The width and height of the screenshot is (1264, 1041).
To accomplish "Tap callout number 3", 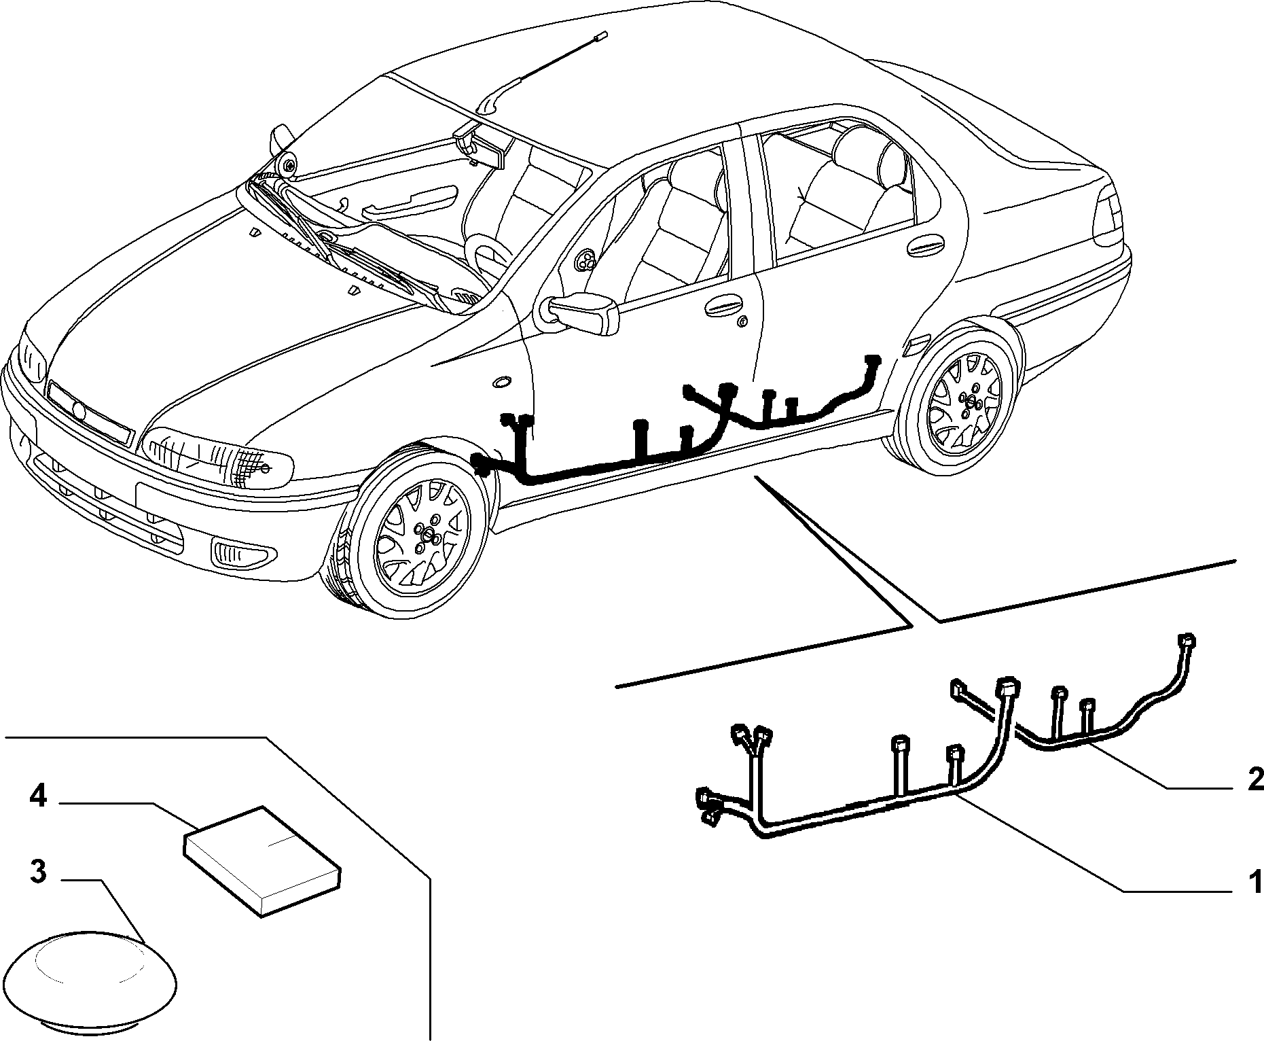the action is pyautogui.click(x=37, y=872).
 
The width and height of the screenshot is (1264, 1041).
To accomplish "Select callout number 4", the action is pyautogui.click(x=37, y=796).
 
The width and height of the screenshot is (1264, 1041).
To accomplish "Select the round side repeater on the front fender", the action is pyautogui.click(x=503, y=382).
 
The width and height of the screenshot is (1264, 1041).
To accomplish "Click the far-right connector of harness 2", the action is pyautogui.click(x=1187, y=641).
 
